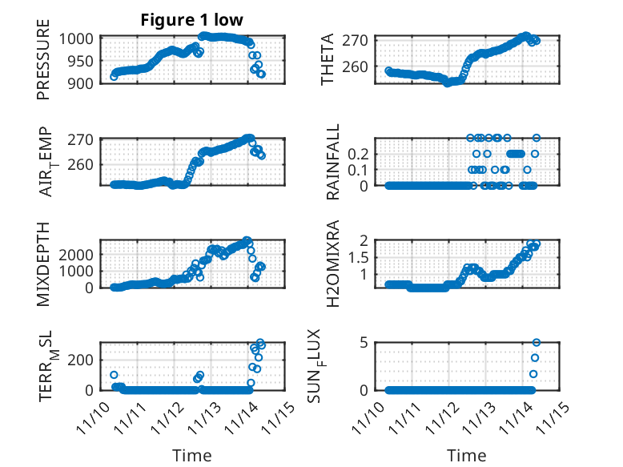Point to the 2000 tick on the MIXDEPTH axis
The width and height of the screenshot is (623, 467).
tap(80, 254)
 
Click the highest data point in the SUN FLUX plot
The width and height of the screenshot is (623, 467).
tap(537, 343)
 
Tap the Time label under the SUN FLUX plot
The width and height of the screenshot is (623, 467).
tap(466, 455)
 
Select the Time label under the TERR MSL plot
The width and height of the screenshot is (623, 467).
tap(192, 455)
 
